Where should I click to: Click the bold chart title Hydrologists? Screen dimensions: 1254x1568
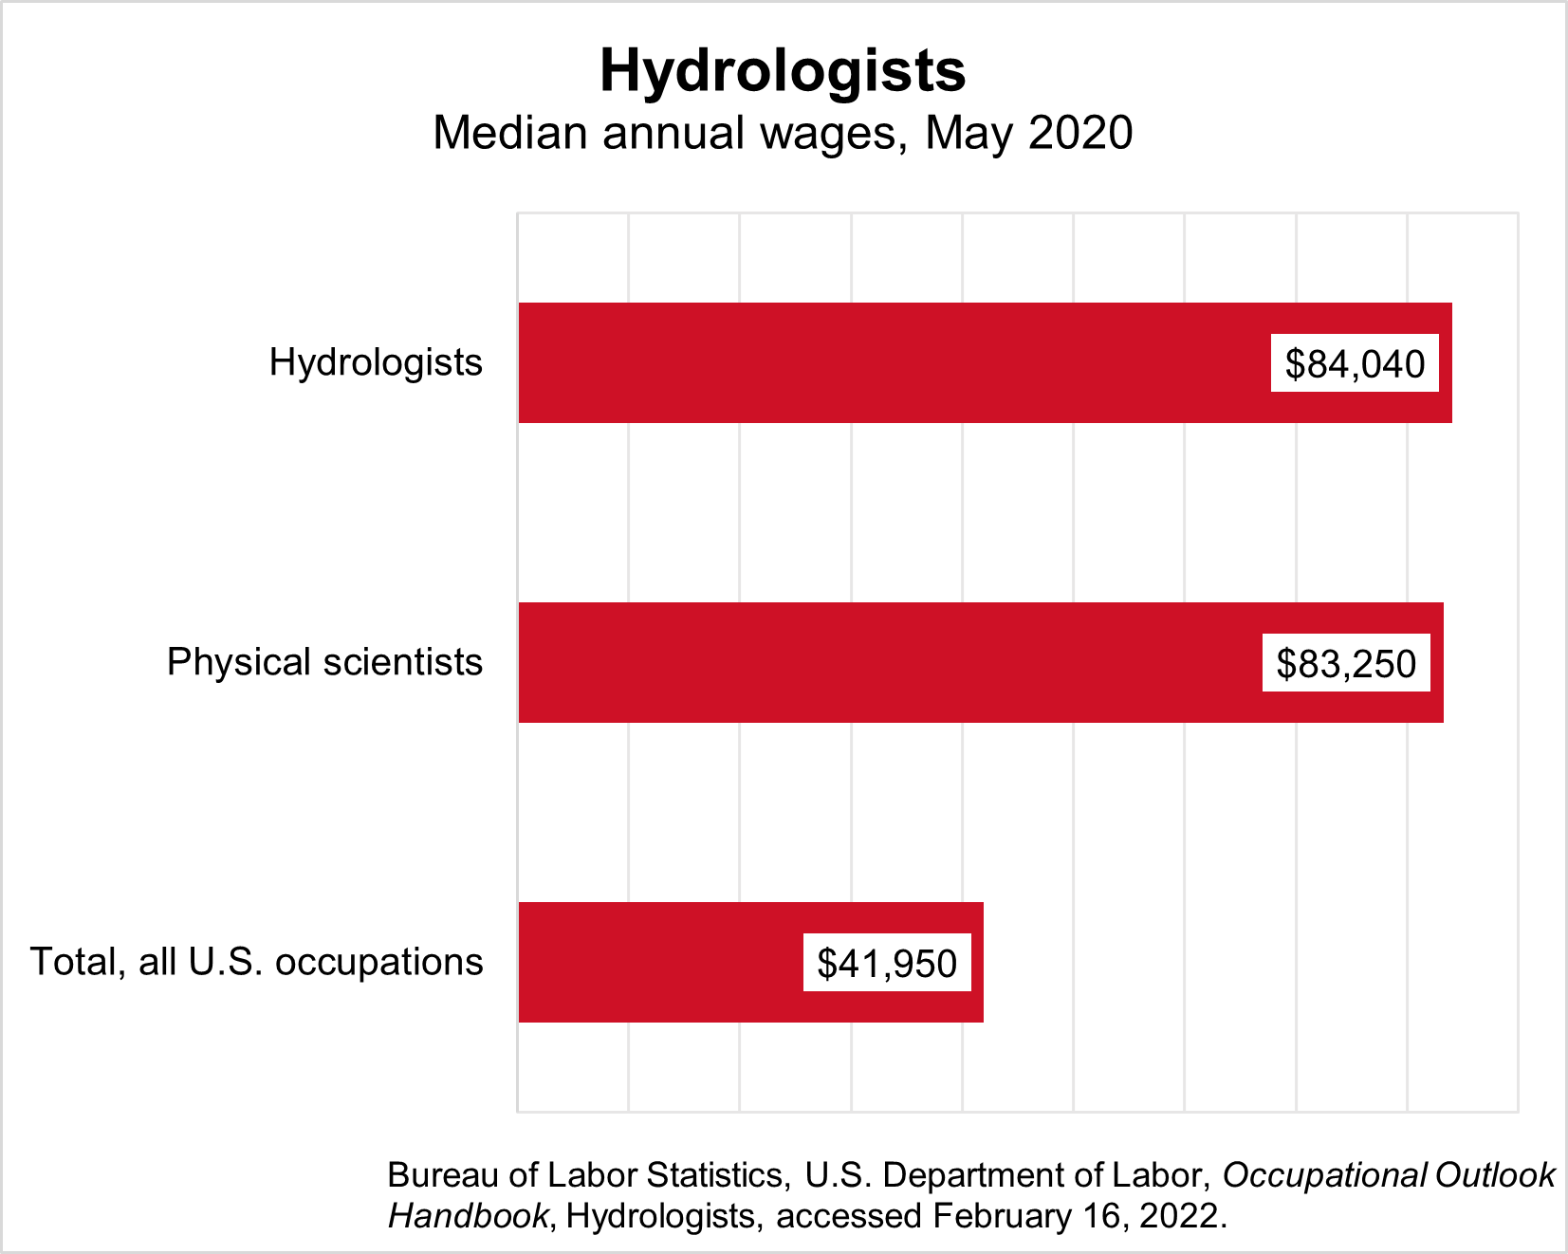783,70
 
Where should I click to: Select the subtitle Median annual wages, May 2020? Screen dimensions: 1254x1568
783,133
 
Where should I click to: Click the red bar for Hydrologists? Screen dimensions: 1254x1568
892,363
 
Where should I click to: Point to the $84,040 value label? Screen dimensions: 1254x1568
1355,364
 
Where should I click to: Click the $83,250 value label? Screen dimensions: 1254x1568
1346,664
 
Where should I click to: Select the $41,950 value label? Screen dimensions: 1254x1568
887,964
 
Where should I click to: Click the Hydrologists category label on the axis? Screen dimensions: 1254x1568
376,362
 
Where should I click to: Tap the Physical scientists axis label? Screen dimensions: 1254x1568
324,662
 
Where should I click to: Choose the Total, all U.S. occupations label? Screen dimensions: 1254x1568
257,962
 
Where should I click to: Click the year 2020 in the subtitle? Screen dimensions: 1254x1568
1080,133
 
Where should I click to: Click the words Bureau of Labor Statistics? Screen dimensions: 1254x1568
587,1175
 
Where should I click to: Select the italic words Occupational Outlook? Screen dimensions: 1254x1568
1389,1175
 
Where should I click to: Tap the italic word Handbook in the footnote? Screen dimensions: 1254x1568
469,1216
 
